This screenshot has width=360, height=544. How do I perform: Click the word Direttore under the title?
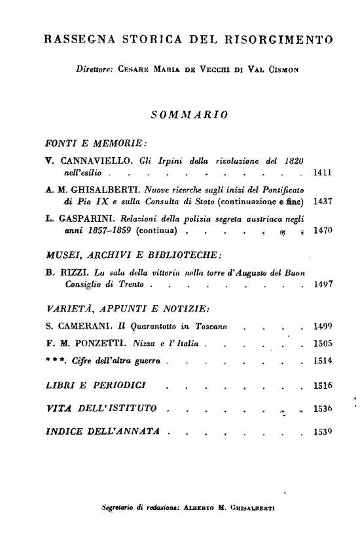pos(95,68)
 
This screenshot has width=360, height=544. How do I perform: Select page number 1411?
pos(324,174)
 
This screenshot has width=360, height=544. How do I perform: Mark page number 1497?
pos(324,285)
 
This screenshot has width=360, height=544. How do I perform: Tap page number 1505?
pos(324,343)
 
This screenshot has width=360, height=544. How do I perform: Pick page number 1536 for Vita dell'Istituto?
pos(324,409)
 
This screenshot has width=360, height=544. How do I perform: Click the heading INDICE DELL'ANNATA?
pos(103,433)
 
